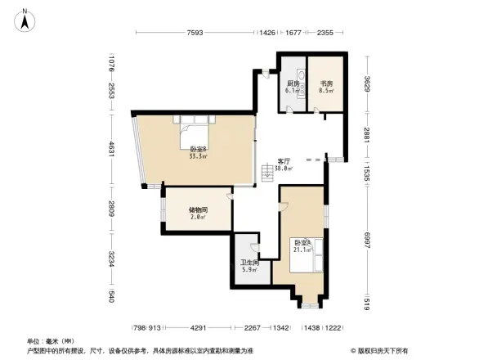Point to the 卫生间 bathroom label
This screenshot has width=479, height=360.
[x=248, y=265]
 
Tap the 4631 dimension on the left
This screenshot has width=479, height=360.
[x=110, y=152]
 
